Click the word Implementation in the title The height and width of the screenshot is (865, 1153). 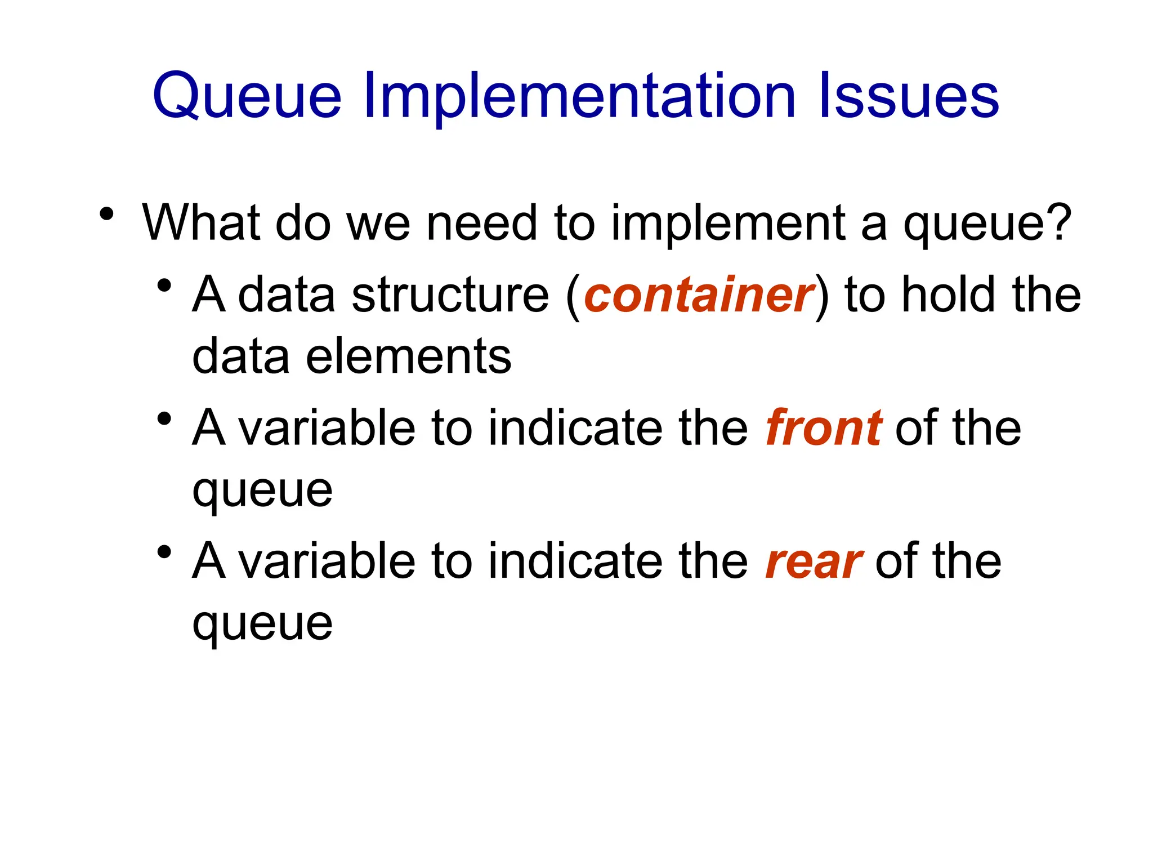point(580,97)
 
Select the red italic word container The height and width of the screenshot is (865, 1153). point(699,295)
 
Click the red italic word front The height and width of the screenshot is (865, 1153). point(823,428)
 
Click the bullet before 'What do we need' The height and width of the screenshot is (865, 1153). point(106,215)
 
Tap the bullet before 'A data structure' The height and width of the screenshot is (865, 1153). point(164,286)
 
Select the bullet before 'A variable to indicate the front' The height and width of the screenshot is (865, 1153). point(164,419)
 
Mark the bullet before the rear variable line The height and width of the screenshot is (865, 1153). point(164,552)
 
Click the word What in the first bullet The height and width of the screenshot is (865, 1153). point(202,223)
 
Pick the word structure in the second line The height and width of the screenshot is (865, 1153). point(450,295)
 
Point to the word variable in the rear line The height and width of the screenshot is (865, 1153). point(327,561)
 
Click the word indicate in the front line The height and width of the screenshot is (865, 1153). point(575,428)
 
